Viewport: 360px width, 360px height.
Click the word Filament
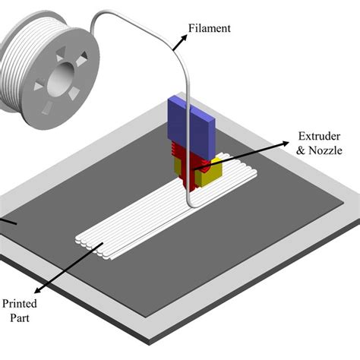(x=210, y=28)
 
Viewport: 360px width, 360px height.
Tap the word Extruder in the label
(x=319, y=136)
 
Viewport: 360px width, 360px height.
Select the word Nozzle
(x=325, y=150)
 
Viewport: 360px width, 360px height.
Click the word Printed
(x=20, y=304)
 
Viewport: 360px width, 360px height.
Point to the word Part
(x=20, y=318)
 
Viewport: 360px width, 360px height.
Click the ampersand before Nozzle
(x=301, y=150)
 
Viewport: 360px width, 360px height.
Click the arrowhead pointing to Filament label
(x=184, y=37)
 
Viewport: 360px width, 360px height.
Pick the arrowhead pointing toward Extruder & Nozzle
(x=286, y=144)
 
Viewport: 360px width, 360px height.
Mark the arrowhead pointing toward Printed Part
(x=37, y=291)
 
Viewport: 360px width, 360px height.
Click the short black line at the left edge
(x=8, y=221)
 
